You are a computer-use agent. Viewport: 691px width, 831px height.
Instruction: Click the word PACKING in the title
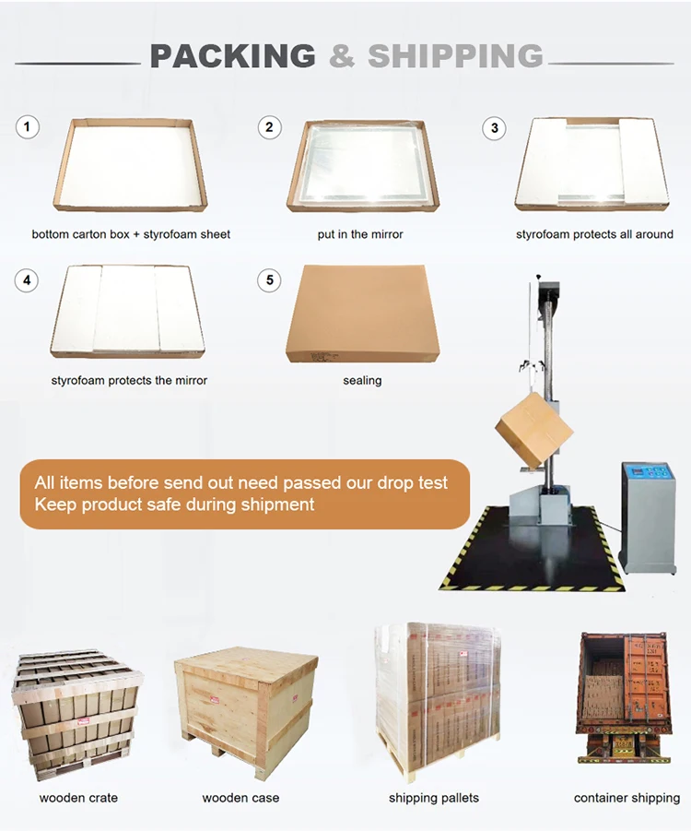pos(232,56)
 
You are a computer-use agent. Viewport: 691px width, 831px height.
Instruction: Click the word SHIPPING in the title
pos(455,56)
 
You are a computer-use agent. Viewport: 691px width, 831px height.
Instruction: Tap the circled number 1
pos(28,127)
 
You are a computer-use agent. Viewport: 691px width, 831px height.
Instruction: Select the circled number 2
pos(270,127)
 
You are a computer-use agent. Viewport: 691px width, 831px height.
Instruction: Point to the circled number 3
pos(494,128)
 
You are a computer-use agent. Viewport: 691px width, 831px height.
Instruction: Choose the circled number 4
pos(27,279)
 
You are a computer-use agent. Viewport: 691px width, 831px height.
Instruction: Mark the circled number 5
pos(270,279)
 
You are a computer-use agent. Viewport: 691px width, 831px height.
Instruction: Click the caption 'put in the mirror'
pos(360,234)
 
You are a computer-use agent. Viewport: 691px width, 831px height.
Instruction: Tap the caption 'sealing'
pos(362,381)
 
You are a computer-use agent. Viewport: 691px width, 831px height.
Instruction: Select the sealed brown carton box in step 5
pos(363,314)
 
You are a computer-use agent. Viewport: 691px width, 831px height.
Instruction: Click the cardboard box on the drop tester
pos(533,430)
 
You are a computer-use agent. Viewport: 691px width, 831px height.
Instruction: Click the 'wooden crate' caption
pos(78,798)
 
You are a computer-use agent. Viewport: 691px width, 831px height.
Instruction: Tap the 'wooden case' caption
pos(240,798)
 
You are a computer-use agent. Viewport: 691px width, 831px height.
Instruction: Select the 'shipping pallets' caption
pos(434,798)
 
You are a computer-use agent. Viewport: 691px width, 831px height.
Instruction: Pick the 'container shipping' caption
pos(627,798)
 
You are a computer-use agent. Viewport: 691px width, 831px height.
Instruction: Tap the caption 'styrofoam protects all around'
pos(594,234)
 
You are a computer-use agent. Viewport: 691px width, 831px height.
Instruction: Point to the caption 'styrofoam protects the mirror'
pos(129,381)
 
